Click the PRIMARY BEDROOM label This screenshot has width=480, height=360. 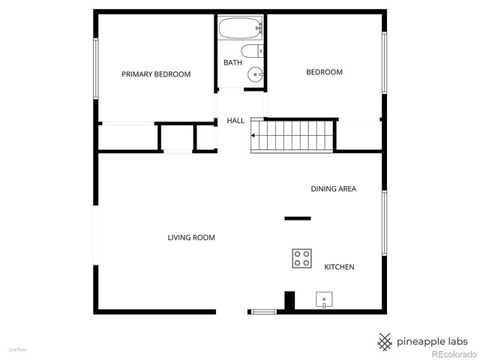tap(156, 74)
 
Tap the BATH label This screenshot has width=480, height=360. tap(232, 62)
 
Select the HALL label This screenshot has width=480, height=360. tap(235, 120)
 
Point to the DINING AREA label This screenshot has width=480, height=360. tap(333, 189)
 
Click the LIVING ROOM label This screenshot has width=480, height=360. tap(191, 238)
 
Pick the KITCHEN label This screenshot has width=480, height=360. tap(339, 267)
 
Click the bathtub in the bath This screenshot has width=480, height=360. tap(241, 30)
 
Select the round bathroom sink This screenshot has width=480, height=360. tap(256, 74)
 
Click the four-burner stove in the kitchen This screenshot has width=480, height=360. tap(302, 258)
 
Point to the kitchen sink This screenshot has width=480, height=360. tap(324, 300)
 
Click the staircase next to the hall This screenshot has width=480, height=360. tap(292, 135)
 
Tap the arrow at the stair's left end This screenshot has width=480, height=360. tap(254, 136)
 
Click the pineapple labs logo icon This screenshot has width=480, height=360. tap(385, 339)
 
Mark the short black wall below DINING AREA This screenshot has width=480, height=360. tap(297, 218)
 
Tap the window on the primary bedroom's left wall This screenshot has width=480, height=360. tap(95, 67)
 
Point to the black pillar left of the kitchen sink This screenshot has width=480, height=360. tap(289, 301)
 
